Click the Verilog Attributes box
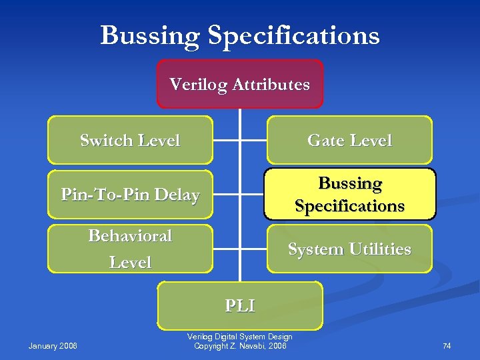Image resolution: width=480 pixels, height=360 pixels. [x=239, y=84]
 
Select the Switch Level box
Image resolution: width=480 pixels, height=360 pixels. [x=130, y=140]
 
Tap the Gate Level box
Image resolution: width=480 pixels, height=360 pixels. [x=349, y=140]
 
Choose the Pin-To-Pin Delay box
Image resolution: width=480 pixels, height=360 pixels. [x=130, y=195]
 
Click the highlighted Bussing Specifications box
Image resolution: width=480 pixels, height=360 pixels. [x=349, y=194]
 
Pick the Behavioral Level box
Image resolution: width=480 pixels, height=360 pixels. [x=130, y=249]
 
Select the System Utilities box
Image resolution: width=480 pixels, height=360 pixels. [x=349, y=249]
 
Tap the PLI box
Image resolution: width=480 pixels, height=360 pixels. [x=239, y=305]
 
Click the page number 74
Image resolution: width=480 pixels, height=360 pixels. [x=447, y=345]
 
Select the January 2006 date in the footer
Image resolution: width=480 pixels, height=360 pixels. [x=53, y=345]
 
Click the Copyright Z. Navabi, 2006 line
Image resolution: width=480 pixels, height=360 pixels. [x=240, y=346]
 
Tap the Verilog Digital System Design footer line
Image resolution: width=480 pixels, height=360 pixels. [x=240, y=337]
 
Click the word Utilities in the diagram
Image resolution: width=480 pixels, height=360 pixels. [x=377, y=249]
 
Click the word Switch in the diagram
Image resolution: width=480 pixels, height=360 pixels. [x=107, y=141]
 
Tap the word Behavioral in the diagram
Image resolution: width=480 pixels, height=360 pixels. [x=130, y=236]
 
